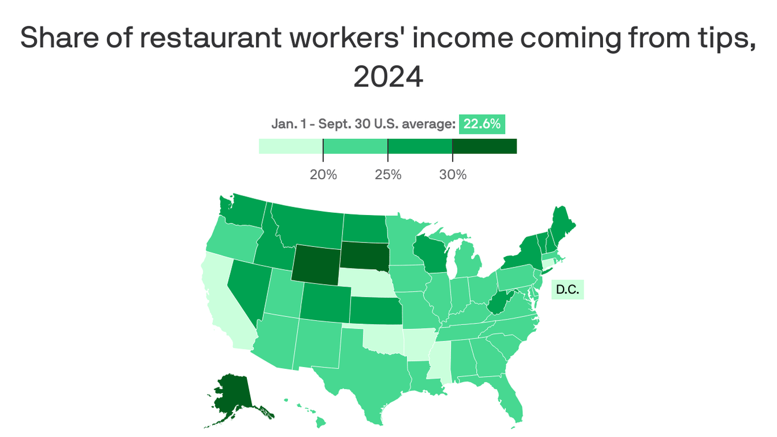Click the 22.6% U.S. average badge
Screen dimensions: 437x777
[482, 124]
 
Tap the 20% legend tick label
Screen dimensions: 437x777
[323, 175]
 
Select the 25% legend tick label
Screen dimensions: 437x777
[388, 175]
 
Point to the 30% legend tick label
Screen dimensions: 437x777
[453, 175]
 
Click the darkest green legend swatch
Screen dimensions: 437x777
[484, 146]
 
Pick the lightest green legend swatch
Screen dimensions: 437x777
[291, 146]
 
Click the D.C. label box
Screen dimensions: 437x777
[567, 290]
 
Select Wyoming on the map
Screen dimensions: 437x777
[316, 263]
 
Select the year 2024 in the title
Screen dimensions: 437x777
[388, 77]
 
